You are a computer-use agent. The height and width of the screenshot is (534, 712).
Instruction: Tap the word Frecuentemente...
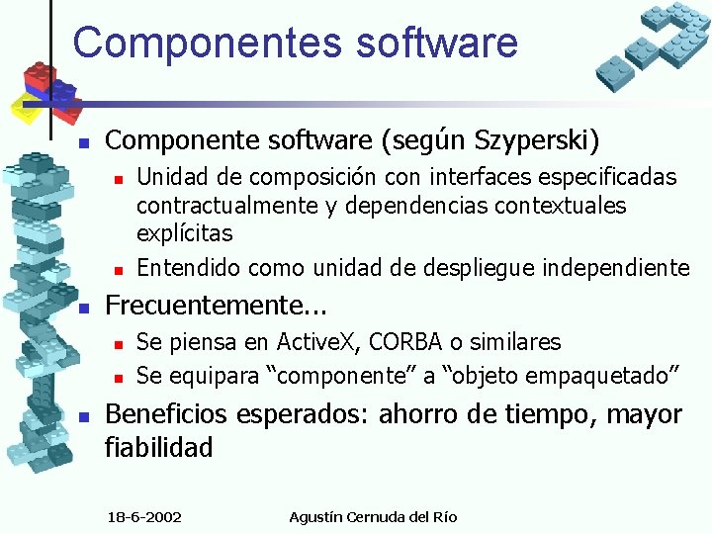[x=198, y=304]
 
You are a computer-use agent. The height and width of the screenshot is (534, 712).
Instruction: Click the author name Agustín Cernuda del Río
[x=374, y=516]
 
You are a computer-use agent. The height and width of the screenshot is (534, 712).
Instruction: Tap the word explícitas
[x=184, y=233]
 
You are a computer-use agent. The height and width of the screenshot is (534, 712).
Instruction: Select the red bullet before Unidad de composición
[x=117, y=178]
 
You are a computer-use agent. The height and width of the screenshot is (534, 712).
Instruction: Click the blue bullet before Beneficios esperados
[x=85, y=415]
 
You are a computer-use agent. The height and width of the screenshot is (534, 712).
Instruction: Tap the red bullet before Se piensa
[x=117, y=344]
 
